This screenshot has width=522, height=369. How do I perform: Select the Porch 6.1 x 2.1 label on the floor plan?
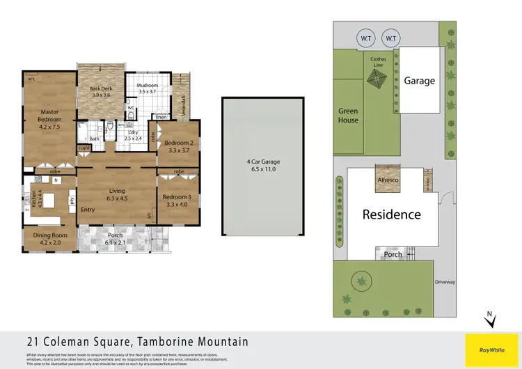115,239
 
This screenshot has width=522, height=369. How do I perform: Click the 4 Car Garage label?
263,165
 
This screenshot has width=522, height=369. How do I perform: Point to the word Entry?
88,210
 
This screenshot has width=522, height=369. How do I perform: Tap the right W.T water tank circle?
391,38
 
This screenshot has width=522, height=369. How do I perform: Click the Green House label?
348,116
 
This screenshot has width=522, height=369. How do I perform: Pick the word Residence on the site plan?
391,214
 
